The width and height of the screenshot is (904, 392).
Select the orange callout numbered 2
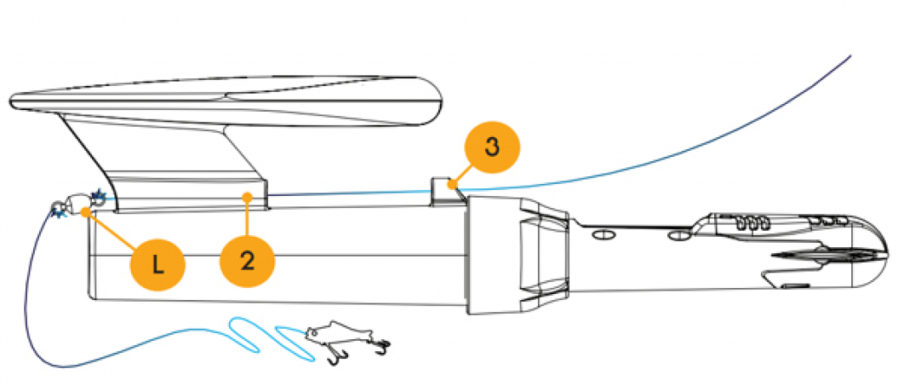[247, 261]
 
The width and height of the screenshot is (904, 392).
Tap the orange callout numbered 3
[491, 146]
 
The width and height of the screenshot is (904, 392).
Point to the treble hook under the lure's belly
[333, 355]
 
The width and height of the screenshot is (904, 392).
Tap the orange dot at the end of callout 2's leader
[247, 197]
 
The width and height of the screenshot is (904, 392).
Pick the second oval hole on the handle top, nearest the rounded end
[678, 232]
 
